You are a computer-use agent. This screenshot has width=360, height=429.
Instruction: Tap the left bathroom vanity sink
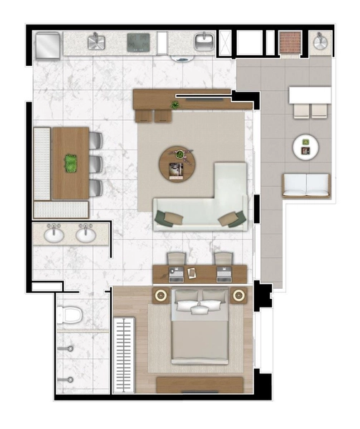pos(53,234)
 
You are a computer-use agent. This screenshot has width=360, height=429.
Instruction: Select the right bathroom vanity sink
pos(86,234)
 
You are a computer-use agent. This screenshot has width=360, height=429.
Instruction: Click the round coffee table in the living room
pos(177,163)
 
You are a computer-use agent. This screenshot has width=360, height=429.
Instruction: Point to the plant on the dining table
pos(71,163)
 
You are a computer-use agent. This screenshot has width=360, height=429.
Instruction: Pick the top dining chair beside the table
pos(96,141)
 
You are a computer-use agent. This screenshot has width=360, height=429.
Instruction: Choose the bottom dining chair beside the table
pos(96,187)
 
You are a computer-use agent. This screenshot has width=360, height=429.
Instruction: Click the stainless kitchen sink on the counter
pos(97,42)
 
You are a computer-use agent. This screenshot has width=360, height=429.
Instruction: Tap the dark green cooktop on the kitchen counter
pos(139,42)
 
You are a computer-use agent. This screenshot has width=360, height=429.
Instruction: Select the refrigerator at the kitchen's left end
pos(48,44)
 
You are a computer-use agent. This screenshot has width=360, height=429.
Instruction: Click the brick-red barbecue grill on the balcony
pos(289,42)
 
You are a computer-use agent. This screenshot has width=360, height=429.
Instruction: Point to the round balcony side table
pos(306,147)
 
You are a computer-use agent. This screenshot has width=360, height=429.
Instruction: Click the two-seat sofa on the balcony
pos(306,185)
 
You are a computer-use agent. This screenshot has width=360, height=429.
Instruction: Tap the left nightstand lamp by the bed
pos(160,295)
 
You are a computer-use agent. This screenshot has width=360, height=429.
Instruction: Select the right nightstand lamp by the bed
pos(240,295)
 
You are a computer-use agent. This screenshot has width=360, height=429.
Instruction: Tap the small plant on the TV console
pos(175,105)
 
